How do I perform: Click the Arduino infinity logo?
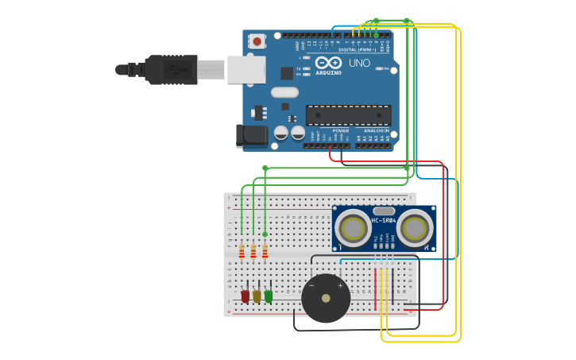tap(328, 63)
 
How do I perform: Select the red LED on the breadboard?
tap(245, 296)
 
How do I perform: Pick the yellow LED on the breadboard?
tap(257, 296)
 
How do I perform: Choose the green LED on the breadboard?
tap(269, 296)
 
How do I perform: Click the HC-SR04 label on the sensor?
tap(384, 220)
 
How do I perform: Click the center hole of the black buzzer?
tap(326, 299)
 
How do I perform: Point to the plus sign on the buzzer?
tap(341, 285)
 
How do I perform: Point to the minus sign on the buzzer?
tap(311, 285)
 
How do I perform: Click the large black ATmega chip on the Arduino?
tap(348, 115)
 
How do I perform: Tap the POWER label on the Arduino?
tap(341, 130)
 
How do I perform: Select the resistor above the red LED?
tap(242, 252)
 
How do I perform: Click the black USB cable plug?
tap(170, 69)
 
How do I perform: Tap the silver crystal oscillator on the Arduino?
tap(284, 92)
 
